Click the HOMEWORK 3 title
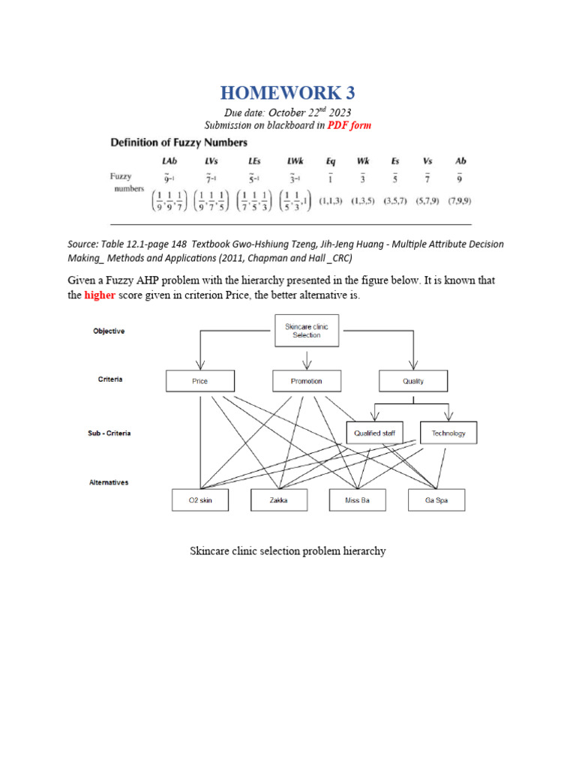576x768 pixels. pos(287,93)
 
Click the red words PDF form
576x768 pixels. pos(349,125)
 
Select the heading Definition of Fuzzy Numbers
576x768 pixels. pos(179,142)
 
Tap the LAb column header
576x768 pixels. pos(170,161)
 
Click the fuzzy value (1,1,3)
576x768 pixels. pos(331,202)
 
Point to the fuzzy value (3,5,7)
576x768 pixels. pos(396,202)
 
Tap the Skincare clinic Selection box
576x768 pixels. pos(306,331)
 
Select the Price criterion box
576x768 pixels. pos(199,381)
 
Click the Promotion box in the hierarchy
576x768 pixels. pos(306,381)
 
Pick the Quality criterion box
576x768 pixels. pos(412,381)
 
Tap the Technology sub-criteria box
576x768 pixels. pos(448,433)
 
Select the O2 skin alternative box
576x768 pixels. pos(200,500)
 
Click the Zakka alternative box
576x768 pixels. pos(279,500)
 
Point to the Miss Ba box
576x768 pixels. pos(357,500)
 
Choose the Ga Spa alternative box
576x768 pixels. pos(436,500)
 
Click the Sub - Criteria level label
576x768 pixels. pos(109,433)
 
